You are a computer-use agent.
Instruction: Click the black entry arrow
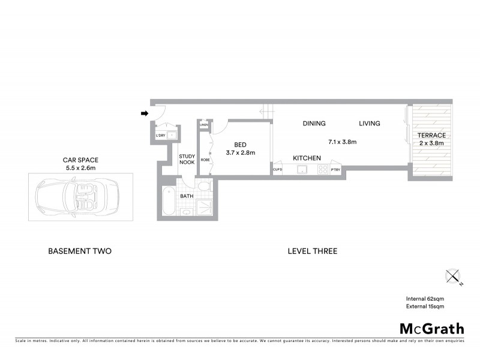(145, 113)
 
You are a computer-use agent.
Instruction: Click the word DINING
(314, 124)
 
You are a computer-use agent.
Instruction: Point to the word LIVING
(370, 124)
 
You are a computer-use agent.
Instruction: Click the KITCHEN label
(307, 158)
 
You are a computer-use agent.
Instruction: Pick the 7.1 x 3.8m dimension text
(343, 142)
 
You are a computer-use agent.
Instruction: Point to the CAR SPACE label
(80, 164)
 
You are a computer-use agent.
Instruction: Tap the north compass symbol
(453, 277)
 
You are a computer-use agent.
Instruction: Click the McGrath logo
(432, 328)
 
